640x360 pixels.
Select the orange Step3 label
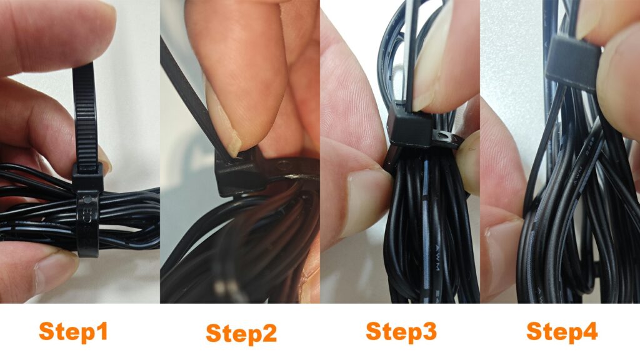point(401,331)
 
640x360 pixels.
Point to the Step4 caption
point(561,331)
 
